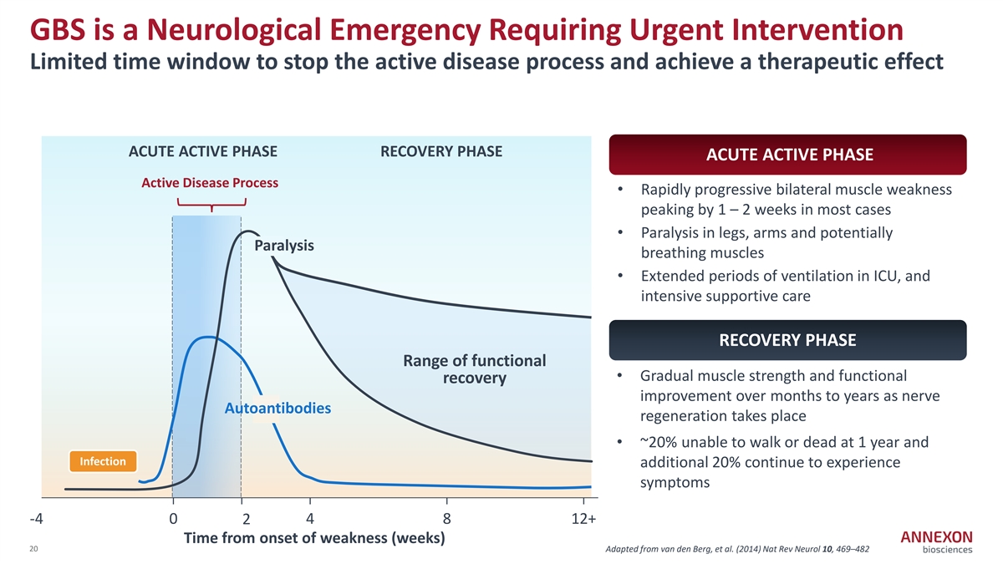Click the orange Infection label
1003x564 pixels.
[x=102, y=461]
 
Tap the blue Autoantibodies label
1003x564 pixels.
[x=277, y=409]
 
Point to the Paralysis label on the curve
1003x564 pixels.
[x=284, y=246]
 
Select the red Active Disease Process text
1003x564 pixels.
[x=210, y=183]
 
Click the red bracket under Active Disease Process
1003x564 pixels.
[x=211, y=203]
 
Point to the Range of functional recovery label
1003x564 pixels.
[x=474, y=369]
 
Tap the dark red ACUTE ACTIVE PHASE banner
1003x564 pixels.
[x=789, y=155]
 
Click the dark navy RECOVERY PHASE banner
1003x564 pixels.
[x=789, y=340]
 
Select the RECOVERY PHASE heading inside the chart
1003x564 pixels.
[x=441, y=151]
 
